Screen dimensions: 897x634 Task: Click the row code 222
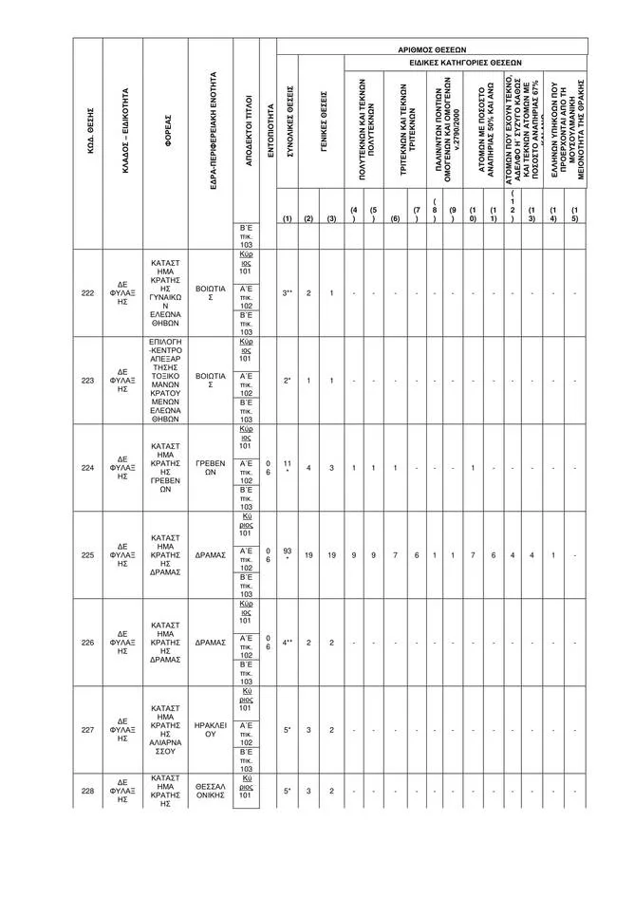(x=87, y=293)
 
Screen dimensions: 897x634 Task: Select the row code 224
(x=87, y=468)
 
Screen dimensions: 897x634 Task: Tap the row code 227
(x=87, y=730)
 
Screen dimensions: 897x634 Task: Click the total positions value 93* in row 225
(x=287, y=555)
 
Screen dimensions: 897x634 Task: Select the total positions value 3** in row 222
(x=287, y=293)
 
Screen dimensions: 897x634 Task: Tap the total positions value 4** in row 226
(x=287, y=643)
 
